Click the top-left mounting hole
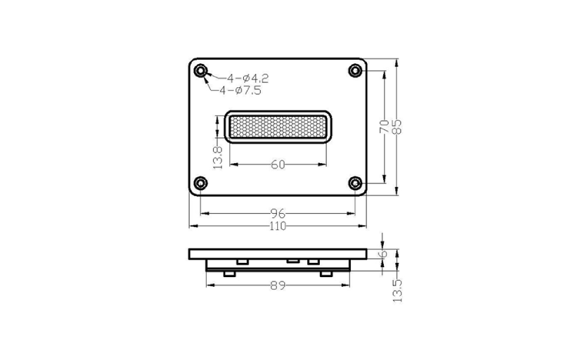click(200, 70)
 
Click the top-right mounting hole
click(355, 70)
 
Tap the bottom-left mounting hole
click(200, 184)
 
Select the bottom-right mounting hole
click(355, 184)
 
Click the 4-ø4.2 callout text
click(248, 79)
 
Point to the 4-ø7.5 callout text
click(240, 90)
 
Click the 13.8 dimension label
click(217, 157)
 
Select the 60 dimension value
click(278, 165)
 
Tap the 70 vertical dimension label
click(385, 127)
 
